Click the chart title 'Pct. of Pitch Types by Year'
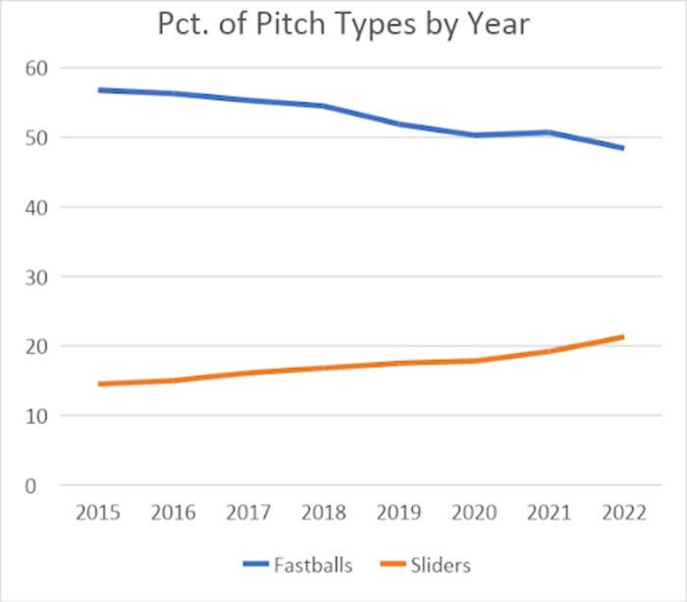[x=343, y=24]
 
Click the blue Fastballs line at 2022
[x=623, y=148]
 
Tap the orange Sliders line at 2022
[x=623, y=337]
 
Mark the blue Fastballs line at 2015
[x=100, y=90]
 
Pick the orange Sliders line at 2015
[x=100, y=383]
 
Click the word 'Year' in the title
[x=496, y=24]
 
